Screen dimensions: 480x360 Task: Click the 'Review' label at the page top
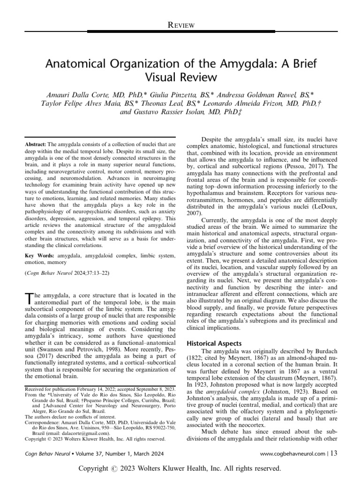point(180,25)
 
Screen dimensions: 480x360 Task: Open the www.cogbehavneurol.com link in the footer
point(292,453)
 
